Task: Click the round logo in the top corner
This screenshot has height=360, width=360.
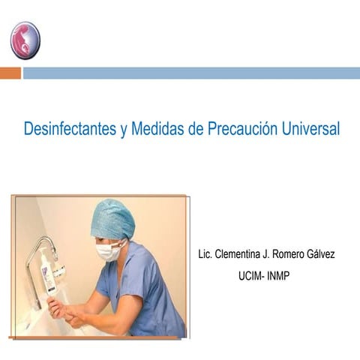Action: (x=25, y=40)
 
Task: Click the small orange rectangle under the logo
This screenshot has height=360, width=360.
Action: (x=10, y=73)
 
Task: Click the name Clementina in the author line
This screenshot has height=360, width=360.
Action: (x=242, y=254)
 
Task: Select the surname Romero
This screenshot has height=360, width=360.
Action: (x=293, y=254)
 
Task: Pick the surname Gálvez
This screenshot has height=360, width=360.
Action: (x=322, y=254)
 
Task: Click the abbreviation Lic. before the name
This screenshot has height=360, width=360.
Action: (x=205, y=254)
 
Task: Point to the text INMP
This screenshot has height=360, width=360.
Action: (x=277, y=275)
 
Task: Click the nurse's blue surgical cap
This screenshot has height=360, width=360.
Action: (x=112, y=218)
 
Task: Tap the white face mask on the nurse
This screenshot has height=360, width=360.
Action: (x=109, y=251)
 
